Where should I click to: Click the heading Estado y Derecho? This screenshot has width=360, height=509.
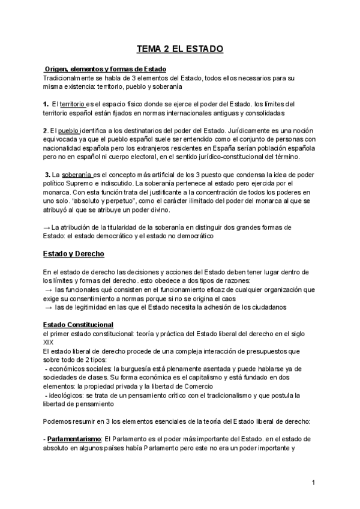point(73,254)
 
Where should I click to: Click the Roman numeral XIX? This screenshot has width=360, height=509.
point(49,342)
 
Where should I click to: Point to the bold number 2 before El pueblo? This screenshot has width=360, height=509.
point(45,131)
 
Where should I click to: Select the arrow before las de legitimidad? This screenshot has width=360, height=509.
point(49,307)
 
